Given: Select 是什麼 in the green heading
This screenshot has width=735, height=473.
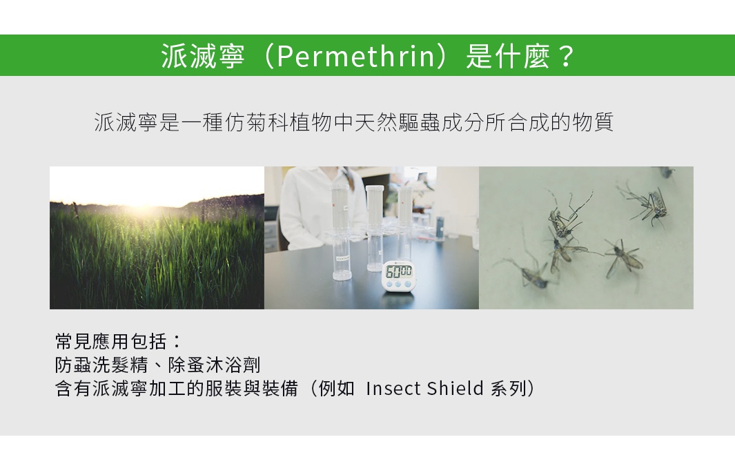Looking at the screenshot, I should [507, 57].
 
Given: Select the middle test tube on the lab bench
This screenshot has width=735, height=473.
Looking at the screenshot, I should [375, 228].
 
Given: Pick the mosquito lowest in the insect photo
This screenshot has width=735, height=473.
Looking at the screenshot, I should [531, 273].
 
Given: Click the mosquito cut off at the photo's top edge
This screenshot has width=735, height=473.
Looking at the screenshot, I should [665, 171].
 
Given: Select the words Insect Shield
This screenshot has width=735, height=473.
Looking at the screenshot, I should [424, 389].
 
